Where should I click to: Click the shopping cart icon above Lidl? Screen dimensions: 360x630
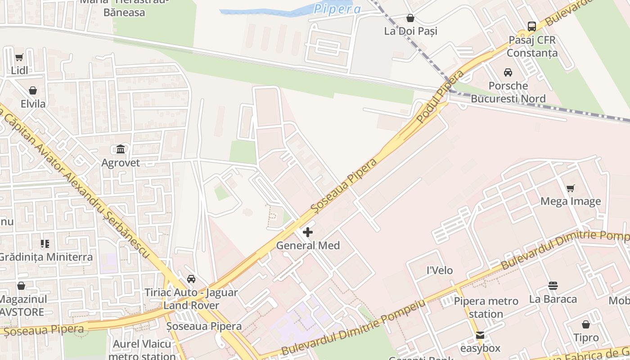(19, 58)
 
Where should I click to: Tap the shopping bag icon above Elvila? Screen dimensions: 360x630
(33, 90)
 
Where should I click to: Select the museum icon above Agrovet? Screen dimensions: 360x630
(121, 149)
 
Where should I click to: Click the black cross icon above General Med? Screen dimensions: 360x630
(308, 232)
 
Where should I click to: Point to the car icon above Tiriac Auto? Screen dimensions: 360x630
(191, 279)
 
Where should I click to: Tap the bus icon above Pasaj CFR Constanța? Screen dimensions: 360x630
(532, 27)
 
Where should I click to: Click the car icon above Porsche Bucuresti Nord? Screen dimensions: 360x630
(508, 72)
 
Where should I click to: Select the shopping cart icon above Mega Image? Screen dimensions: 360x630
(571, 188)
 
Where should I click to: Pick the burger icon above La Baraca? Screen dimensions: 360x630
(553, 286)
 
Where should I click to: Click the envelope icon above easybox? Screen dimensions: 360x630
(480, 335)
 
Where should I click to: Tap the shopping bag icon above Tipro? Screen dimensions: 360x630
(586, 324)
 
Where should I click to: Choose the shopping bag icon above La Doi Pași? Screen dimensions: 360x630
(410, 18)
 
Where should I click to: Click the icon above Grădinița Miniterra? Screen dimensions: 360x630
(45, 244)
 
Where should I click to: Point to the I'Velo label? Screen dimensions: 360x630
(440, 270)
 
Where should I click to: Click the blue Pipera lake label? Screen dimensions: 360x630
(337, 9)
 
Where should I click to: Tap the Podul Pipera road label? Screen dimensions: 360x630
(440, 97)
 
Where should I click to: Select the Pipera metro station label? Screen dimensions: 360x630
(486, 307)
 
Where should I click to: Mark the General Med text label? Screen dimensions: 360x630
(308, 246)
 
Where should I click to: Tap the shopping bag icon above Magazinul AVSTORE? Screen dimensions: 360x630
(21, 286)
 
